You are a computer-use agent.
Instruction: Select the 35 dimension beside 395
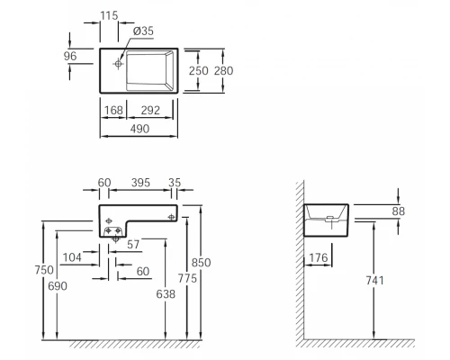pyautogui.click(x=174, y=183)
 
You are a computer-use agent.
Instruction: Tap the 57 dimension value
pyautogui.click(x=133, y=244)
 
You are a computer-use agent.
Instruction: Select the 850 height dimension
pyautogui.click(x=203, y=262)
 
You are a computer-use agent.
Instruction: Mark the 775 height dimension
pyautogui.click(x=186, y=280)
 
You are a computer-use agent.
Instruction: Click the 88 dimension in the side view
pyautogui.click(x=397, y=211)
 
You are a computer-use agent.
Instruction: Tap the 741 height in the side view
pyautogui.click(x=375, y=280)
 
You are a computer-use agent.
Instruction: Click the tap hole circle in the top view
pyautogui.click(x=118, y=65)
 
